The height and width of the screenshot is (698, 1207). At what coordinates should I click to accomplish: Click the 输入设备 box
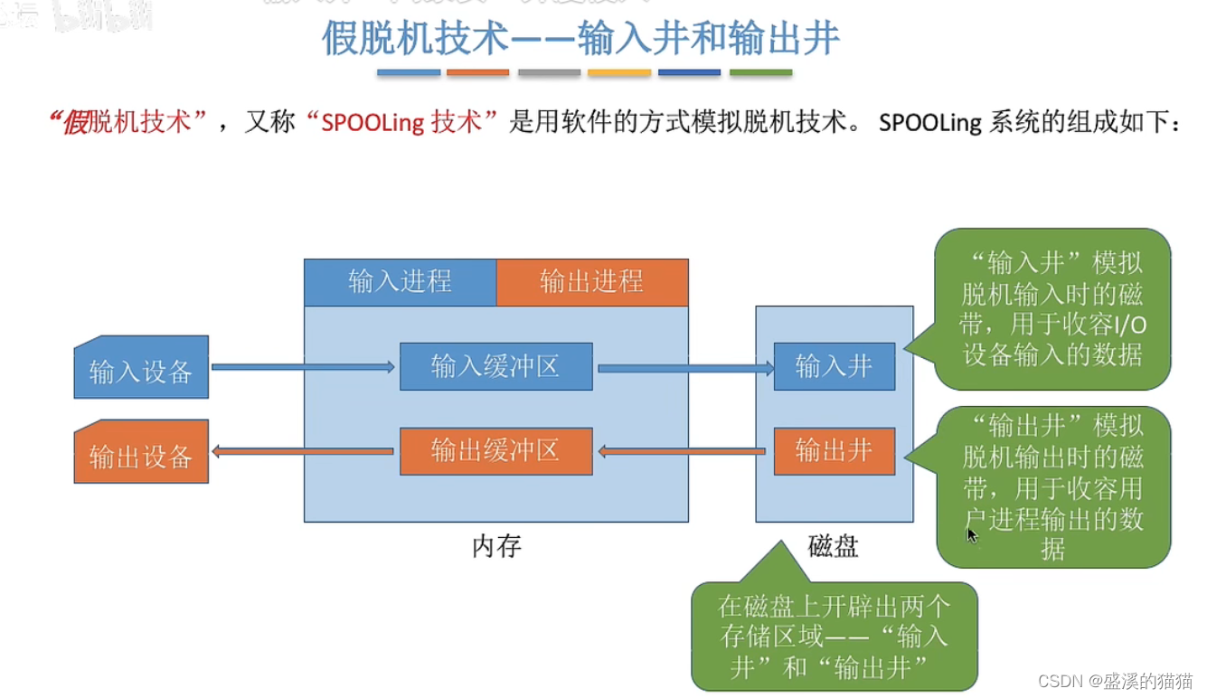(141, 368)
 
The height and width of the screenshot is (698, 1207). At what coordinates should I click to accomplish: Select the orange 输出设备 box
(141, 452)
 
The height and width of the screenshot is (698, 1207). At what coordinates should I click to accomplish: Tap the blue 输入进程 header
(400, 282)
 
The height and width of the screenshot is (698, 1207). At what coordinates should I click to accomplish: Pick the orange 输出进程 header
(591, 282)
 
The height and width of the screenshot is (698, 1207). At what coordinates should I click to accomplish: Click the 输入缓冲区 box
(495, 366)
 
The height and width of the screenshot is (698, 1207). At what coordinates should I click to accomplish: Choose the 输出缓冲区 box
(495, 450)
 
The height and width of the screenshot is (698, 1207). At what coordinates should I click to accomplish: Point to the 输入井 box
(834, 366)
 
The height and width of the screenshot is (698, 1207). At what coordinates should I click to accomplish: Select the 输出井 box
(834, 450)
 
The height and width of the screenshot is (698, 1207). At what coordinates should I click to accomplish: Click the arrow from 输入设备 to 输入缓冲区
(303, 367)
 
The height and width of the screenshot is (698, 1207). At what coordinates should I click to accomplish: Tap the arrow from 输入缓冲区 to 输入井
(684, 369)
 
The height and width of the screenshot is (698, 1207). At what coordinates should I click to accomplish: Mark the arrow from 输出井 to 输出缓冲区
(684, 451)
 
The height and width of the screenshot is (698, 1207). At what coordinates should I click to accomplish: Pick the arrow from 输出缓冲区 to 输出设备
(303, 451)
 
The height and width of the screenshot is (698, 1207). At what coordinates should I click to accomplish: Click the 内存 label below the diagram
(496, 546)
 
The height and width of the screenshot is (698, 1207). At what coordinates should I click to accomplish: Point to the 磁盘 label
(833, 546)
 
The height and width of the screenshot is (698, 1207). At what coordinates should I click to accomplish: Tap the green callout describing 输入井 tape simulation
(1052, 308)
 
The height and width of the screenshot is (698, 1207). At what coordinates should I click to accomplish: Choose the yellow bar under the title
(619, 72)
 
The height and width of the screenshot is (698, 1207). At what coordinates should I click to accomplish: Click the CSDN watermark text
(1114, 681)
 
